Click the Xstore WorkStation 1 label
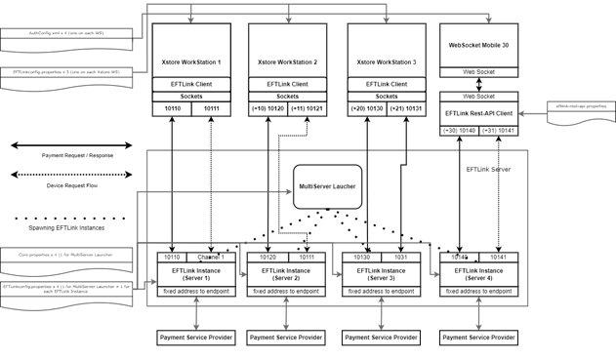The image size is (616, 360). [191, 62]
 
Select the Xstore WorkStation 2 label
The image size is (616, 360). [287, 62]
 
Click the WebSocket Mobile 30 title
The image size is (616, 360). [478, 45]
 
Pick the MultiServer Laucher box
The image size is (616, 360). [328, 185]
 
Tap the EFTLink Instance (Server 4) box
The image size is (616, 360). [478, 274]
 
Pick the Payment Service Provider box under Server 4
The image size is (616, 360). [478, 338]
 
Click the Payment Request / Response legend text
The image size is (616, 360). [79, 155]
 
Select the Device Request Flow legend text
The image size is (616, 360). [74, 184]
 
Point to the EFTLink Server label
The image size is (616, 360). [488, 170]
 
